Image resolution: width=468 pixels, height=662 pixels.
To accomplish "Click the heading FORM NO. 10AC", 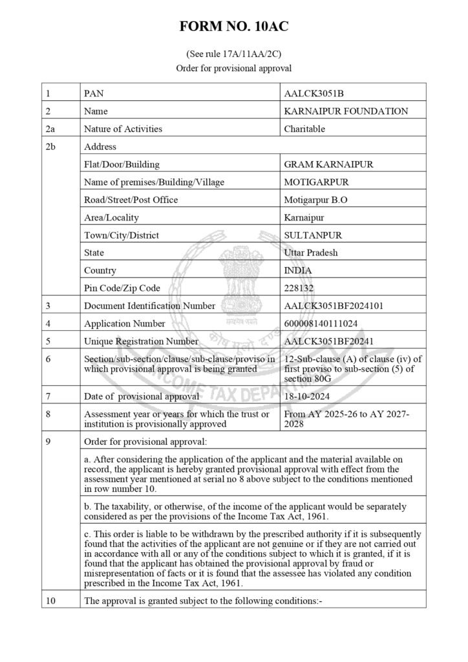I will point(233,27).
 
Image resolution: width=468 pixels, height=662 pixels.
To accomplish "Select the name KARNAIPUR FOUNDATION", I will point(346,111).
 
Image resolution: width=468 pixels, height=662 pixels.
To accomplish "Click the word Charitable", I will point(304,129).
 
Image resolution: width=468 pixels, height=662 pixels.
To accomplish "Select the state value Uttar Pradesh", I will point(311,253).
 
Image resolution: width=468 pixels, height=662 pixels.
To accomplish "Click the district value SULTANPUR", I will point(312,235).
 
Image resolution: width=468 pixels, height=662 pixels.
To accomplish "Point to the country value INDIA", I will point(298,270).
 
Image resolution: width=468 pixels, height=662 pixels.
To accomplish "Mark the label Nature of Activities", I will point(123,129).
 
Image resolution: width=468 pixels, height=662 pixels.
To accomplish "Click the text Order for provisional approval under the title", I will point(233,68).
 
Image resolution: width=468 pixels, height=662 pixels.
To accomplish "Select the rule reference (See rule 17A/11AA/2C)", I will point(233,55).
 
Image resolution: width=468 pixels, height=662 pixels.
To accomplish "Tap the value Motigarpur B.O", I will point(315,200).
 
